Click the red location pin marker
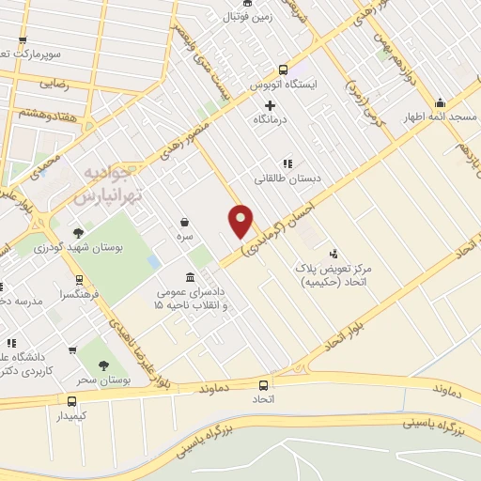[x=241, y=220]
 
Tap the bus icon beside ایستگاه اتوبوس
[x=283, y=69]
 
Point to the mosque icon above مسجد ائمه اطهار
[x=439, y=102]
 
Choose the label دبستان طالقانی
[x=287, y=178]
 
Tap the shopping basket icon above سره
[x=186, y=223]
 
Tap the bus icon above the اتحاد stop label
[x=262, y=384]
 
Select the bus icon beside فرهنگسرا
[x=79, y=279]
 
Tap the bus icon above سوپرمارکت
[x=23, y=39]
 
